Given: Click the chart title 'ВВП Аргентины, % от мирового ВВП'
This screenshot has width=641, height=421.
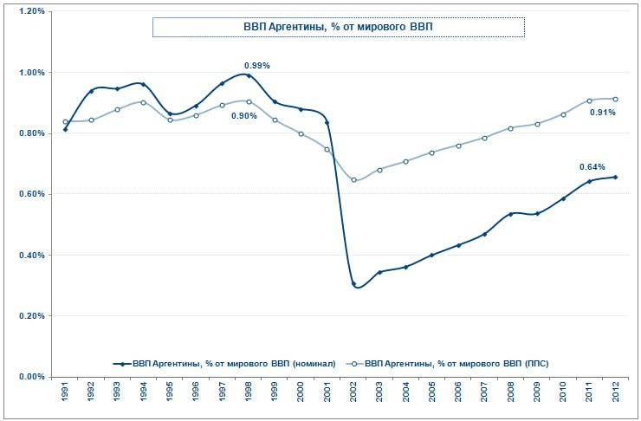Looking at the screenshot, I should coord(338,27).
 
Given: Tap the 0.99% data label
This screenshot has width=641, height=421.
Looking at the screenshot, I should coord(257,65).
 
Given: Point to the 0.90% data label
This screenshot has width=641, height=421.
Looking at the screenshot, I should coord(243,116).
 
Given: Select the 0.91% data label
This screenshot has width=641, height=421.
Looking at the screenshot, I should coord(603,112).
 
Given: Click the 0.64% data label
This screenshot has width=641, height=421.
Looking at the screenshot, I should coord(592,166).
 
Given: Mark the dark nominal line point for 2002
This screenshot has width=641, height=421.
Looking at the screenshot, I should coord(353,284).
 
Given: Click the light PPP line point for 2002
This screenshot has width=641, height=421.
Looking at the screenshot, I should coord(353,180).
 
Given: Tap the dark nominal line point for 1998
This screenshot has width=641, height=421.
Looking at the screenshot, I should coord(249,75).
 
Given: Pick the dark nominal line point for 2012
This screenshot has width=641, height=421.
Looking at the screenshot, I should coord(615,177).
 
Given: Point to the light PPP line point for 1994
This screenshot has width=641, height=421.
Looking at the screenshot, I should coord(144,102).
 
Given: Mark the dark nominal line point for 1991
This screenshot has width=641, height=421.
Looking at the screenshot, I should coord(66,129).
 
